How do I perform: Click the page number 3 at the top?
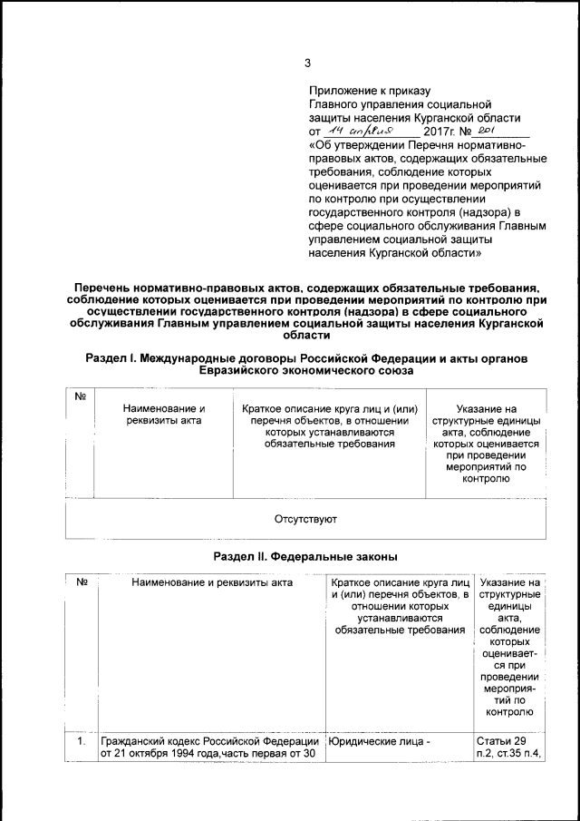[307, 63]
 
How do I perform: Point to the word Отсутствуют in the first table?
[306, 520]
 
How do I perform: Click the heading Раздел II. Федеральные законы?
[305, 555]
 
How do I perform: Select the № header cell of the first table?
[81, 398]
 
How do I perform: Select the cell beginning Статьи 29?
[507, 751]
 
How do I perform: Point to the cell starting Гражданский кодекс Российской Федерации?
[209, 751]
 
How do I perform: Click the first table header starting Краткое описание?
[330, 427]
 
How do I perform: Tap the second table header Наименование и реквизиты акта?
[212, 582]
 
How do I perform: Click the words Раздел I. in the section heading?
[110, 359]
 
